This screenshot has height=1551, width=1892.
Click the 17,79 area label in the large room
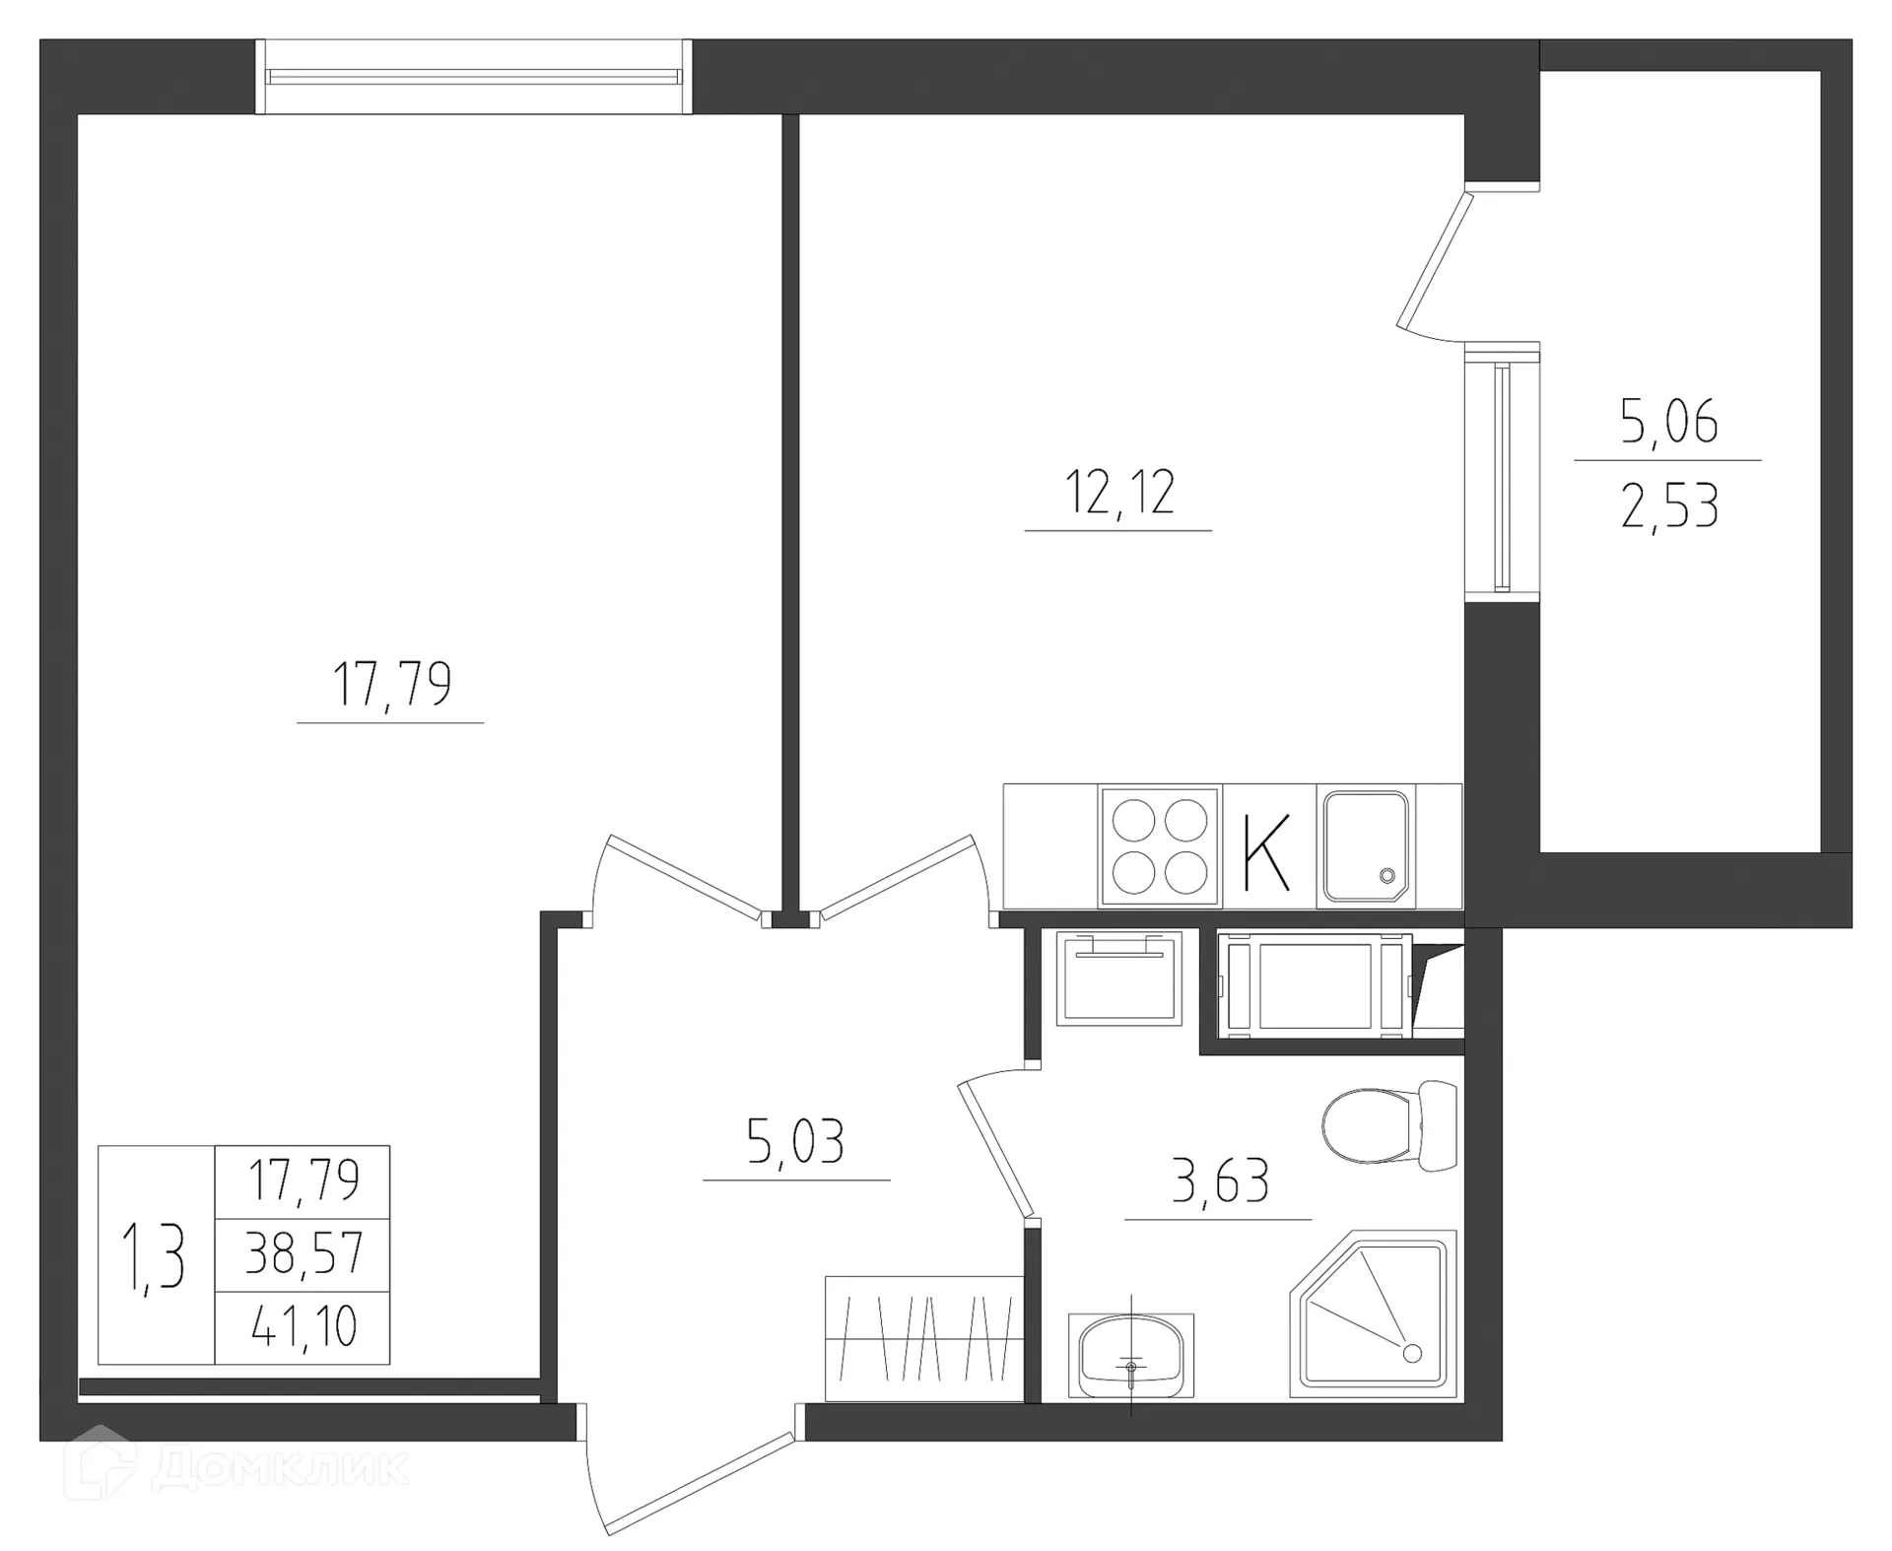(391, 684)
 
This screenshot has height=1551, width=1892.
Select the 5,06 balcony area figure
(1668, 422)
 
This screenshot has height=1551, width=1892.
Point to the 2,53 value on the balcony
(1668, 506)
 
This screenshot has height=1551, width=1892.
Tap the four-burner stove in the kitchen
(1160, 845)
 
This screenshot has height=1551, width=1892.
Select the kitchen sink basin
(1366, 845)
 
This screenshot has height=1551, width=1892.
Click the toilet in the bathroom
(1387, 1125)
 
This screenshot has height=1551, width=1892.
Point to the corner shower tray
(1374, 1316)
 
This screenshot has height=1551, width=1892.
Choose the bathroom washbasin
(1130, 1356)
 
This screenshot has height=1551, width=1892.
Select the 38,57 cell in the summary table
(304, 1254)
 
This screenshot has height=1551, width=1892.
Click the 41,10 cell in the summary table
(304, 1327)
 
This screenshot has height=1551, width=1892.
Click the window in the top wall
(473, 77)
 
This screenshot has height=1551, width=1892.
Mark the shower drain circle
(1412, 1353)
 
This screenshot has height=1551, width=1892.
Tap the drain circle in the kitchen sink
(1387, 875)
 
